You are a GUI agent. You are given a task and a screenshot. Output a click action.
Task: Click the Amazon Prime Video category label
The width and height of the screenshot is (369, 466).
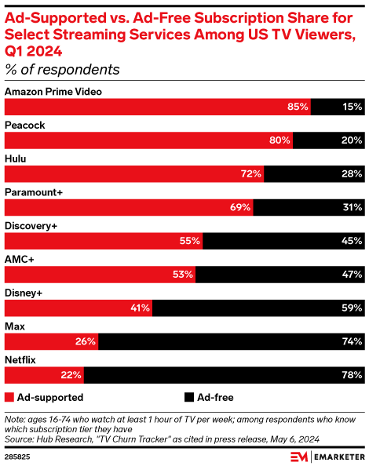coord(53,92)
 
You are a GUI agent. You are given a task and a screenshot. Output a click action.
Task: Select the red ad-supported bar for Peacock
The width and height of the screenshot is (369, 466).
coord(149,140)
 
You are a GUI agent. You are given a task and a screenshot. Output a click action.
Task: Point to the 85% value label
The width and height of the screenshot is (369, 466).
coord(297,107)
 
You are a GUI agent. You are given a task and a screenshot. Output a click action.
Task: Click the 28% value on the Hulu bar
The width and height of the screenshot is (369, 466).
coord(352,173)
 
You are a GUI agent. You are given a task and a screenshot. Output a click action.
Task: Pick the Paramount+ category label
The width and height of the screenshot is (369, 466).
coord(33,192)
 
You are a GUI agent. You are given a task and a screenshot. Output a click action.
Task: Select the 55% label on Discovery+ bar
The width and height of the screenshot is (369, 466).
coord(189,242)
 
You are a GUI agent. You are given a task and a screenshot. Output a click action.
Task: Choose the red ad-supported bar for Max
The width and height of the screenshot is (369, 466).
coord(51,341)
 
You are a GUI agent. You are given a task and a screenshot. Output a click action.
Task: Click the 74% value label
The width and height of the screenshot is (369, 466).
coord(352,342)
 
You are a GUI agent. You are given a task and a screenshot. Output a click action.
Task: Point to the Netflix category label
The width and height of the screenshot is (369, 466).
coord(22,359)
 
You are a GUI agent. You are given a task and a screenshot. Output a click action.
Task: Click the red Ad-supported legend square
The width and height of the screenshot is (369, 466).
coord(9,397)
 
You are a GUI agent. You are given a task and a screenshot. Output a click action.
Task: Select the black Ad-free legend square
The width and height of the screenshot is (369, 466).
coord(189,397)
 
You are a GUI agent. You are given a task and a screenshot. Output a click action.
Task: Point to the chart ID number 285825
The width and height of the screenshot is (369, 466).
coord(19,455)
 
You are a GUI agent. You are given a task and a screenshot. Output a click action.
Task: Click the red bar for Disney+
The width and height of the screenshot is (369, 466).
coord(79,308)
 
